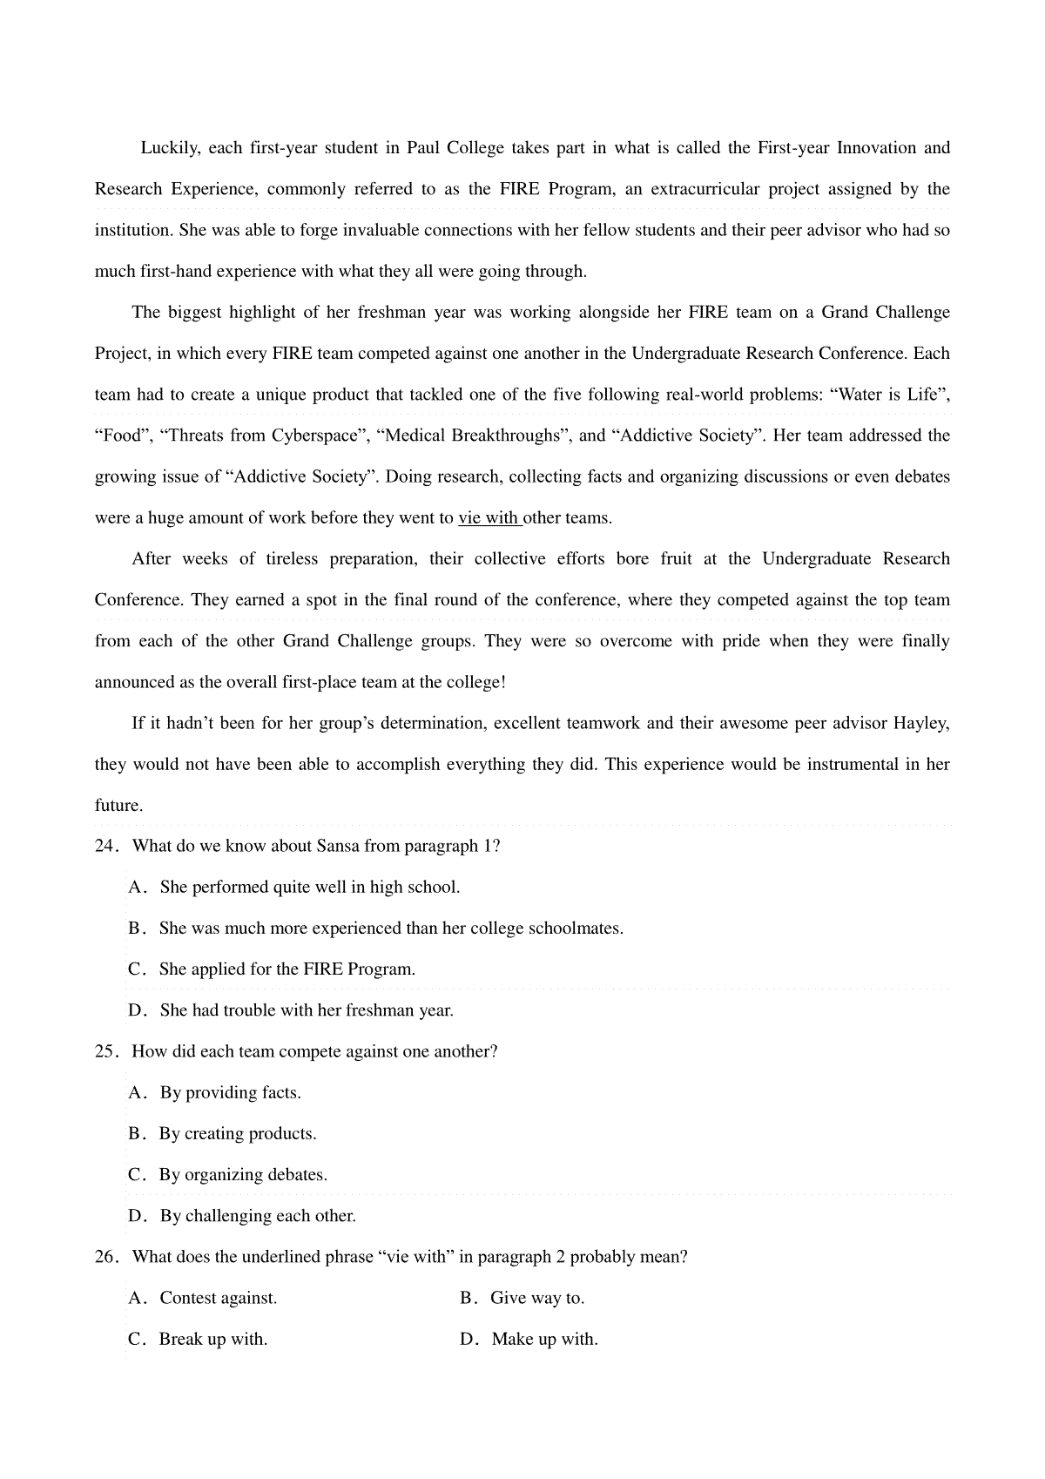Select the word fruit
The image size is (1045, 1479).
[676, 559]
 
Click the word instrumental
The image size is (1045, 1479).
[853, 765]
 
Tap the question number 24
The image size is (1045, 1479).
[105, 847]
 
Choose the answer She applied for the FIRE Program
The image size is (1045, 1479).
[287, 969]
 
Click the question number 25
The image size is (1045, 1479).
[105, 1052]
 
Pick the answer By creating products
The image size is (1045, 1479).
[237, 1134]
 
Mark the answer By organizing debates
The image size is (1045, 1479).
[243, 1175]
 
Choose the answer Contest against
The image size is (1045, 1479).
[218, 1299]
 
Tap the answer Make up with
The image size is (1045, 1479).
[544, 1340]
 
